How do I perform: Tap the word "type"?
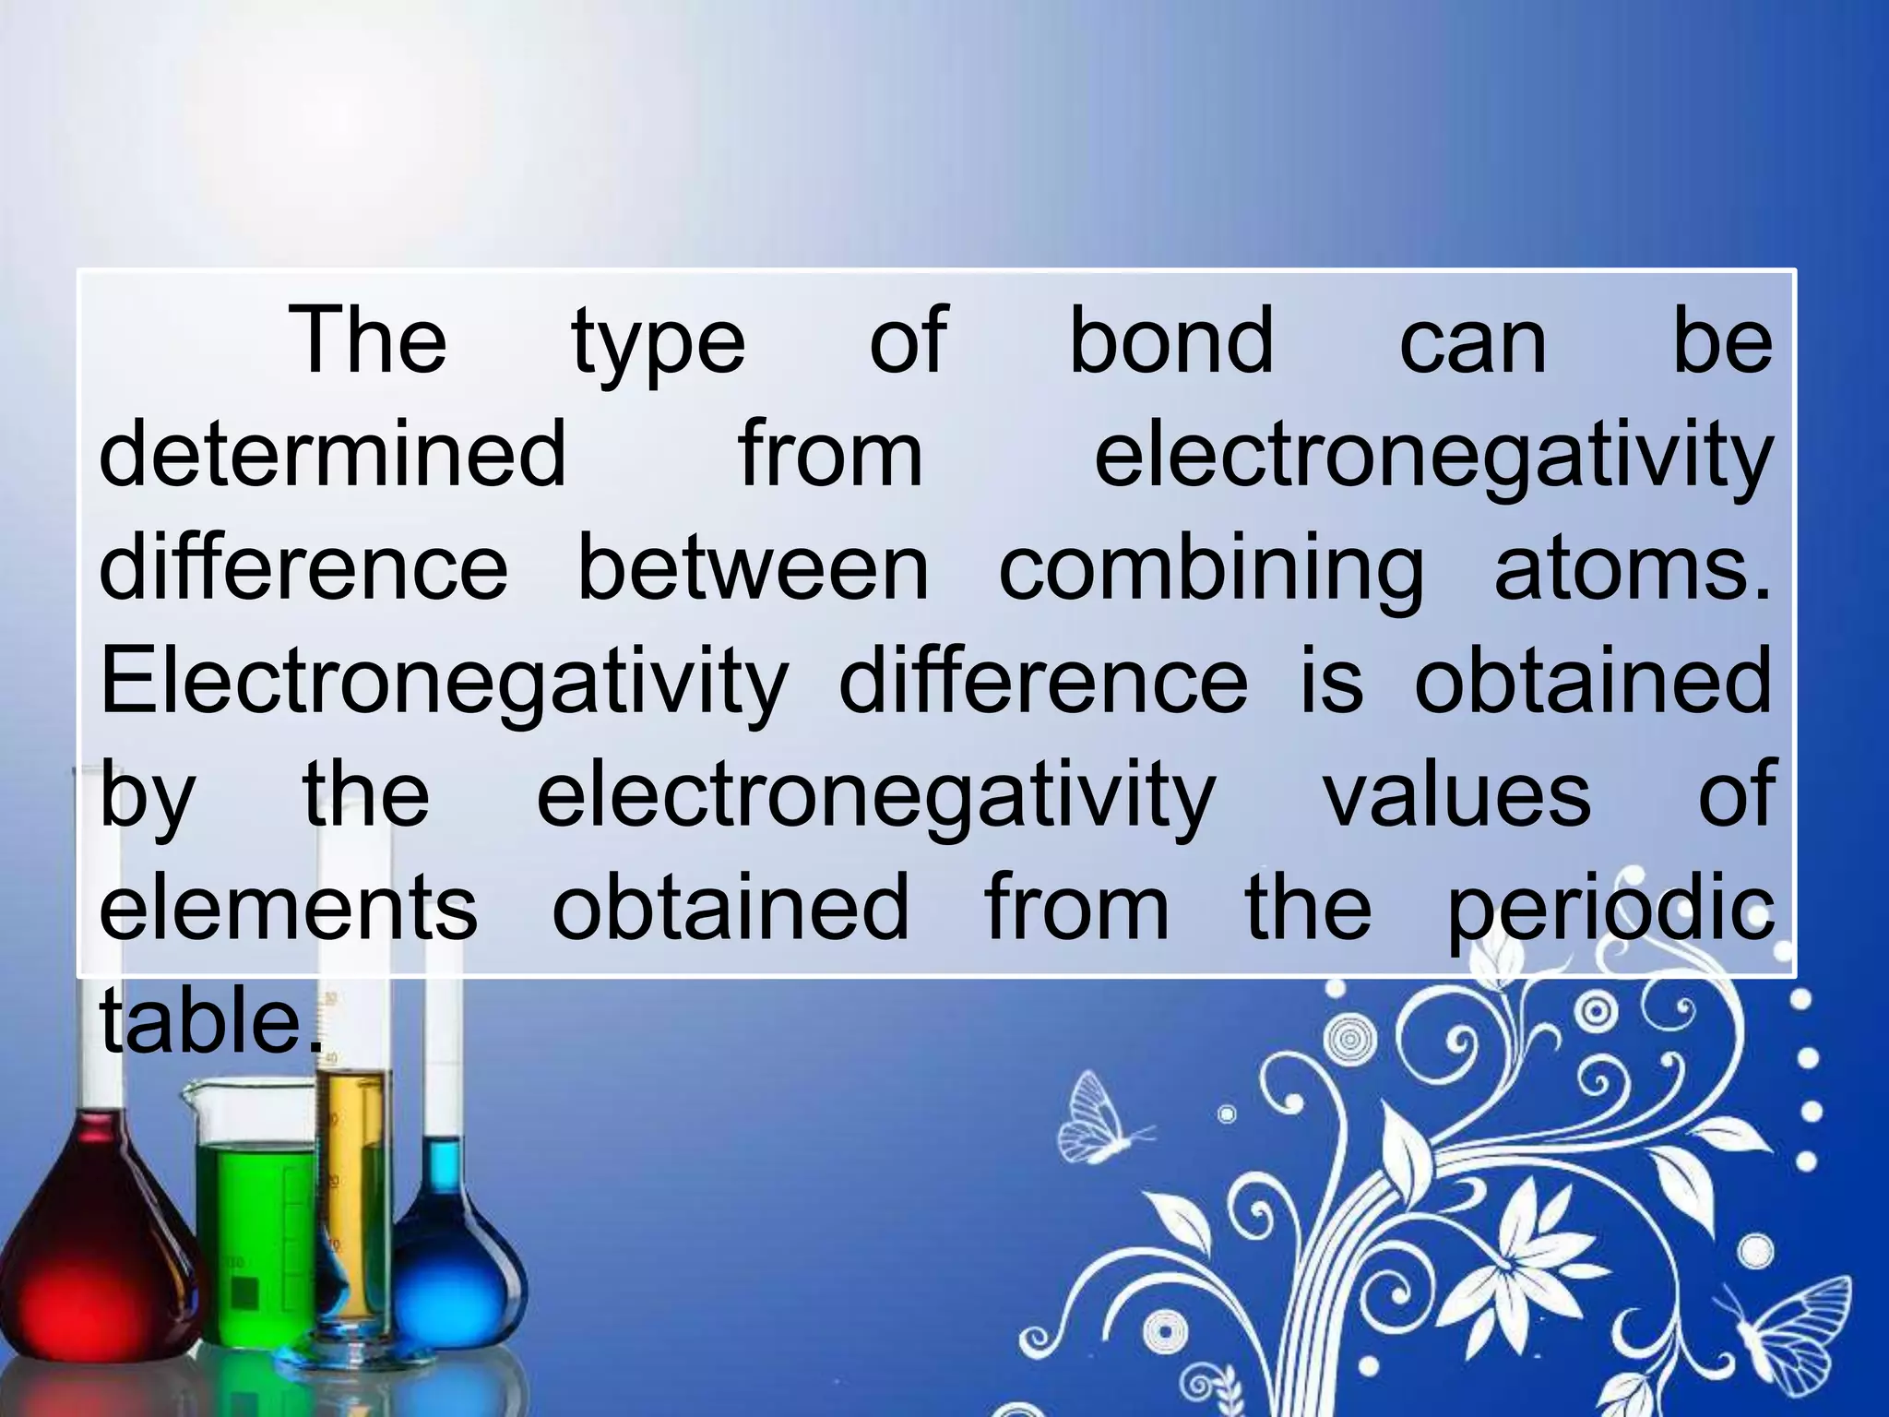click(659, 343)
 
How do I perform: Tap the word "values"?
click(1457, 793)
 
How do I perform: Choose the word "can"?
click(1473, 343)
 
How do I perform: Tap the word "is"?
click(1331, 681)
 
